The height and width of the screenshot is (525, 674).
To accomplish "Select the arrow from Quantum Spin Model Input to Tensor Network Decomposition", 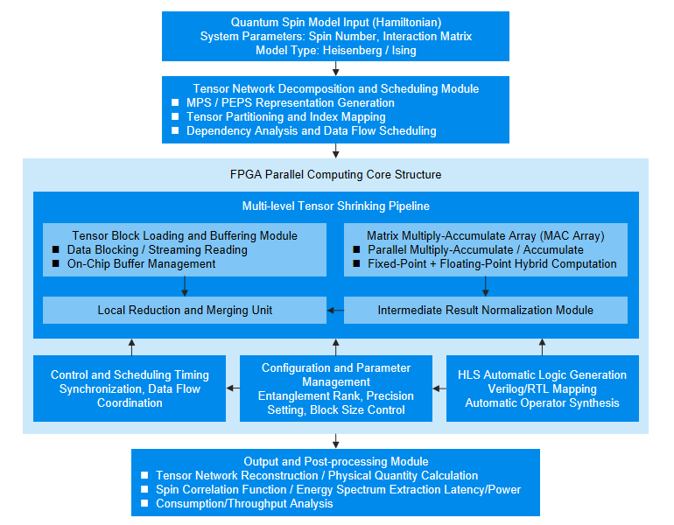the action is tap(336, 69).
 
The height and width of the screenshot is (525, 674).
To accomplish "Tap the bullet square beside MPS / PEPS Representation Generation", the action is tap(175, 102).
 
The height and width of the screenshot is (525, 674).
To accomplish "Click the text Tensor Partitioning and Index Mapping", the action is tap(286, 117).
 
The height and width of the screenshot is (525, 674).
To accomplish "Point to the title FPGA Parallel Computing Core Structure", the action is tap(336, 174).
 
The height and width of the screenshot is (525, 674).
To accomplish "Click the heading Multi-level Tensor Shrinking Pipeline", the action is tap(336, 206).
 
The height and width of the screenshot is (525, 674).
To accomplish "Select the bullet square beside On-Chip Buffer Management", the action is tap(55, 263).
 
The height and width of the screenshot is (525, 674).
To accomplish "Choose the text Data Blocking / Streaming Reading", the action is tap(158, 250).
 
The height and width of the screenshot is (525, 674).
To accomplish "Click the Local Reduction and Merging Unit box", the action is tap(185, 311).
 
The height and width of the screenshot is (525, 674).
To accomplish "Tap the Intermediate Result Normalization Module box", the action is tap(486, 311).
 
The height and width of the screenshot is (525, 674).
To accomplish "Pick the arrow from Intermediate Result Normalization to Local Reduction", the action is tap(335, 311).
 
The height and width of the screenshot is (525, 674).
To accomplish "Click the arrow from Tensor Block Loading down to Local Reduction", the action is tap(185, 286).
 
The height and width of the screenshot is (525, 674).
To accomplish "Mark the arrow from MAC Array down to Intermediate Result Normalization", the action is tap(485, 286).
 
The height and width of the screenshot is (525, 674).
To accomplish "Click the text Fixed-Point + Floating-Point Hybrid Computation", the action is tap(492, 263).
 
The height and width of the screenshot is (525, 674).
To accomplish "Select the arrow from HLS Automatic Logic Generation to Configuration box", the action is tap(439, 388).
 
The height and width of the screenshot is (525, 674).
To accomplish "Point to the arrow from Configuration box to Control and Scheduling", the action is tap(233, 388).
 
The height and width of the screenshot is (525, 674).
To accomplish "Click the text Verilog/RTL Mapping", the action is tap(542, 389).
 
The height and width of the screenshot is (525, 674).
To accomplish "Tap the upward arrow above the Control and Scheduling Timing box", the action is tap(131, 347).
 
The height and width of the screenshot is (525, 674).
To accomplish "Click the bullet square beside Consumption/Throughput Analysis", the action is tap(144, 503).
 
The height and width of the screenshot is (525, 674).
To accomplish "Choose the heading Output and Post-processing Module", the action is tap(336, 461).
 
